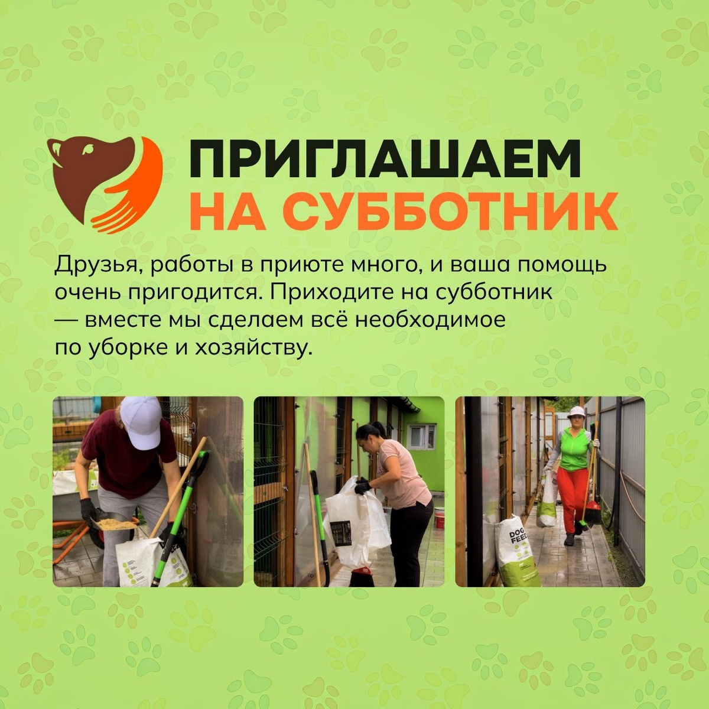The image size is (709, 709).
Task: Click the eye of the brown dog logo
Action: (x=88, y=149)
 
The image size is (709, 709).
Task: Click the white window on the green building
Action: (x=423, y=437)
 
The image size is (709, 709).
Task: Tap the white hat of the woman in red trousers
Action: (x=575, y=412)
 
